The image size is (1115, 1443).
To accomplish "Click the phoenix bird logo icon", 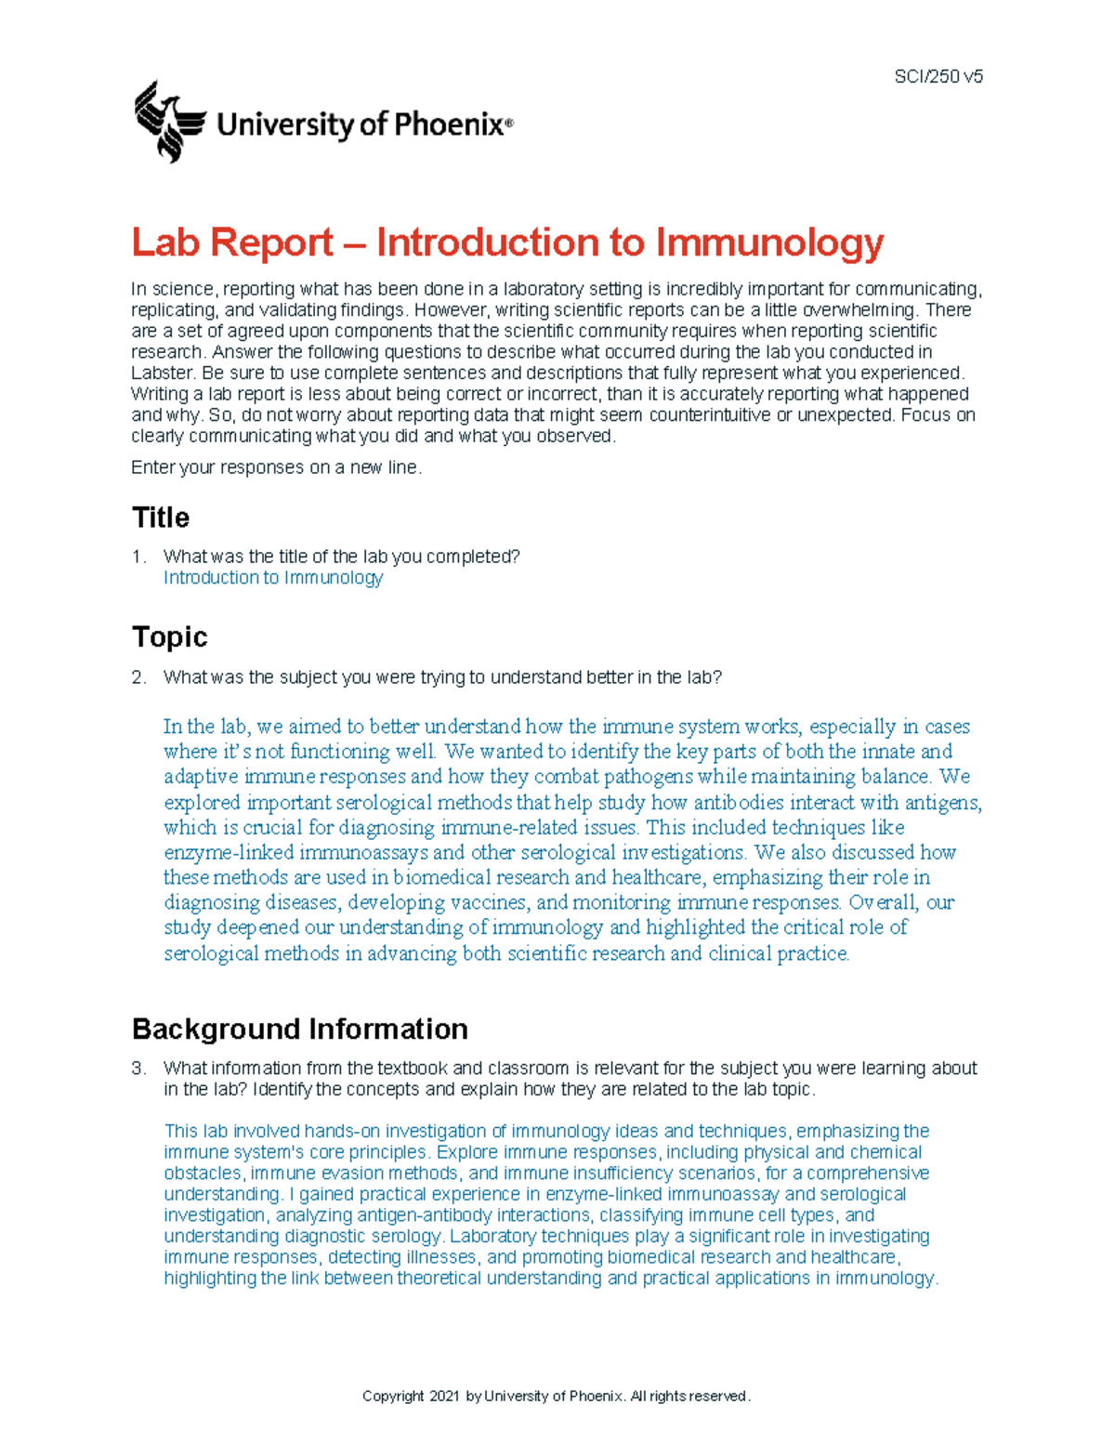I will pyautogui.click(x=168, y=121).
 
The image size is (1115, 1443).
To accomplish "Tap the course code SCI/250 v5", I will pyautogui.click(x=938, y=77).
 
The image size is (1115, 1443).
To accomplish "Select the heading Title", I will pyautogui.click(x=161, y=518).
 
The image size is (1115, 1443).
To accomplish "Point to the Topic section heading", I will pyautogui.click(x=169, y=636).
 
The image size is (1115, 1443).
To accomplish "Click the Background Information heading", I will pyautogui.click(x=299, y=1029).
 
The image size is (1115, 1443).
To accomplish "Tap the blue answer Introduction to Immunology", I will pyautogui.click(x=272, y=578).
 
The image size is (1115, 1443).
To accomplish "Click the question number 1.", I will pyautogui.click(x=138, y=557).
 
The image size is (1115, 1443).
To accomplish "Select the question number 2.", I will pyautogui.click(x=138, y=677).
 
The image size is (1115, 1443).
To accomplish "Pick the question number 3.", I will pyautogui.click(x=138, y=1069).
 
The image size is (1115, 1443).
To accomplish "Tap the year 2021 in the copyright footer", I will pyautogui.click(x=444, y=1397).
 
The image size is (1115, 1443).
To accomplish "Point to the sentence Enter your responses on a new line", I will pyautogui.click(x=276, y=467).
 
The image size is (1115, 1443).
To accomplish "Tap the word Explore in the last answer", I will pyautogui.click(x=466, y=1152).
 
